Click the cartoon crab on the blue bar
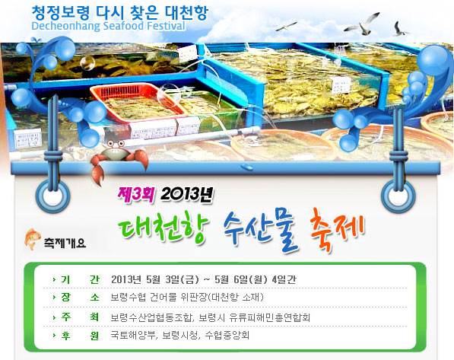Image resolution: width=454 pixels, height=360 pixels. (x=119, y=159)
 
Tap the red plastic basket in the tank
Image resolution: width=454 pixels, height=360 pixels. (x=138, y=102)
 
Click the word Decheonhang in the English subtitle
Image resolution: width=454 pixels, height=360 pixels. (x=66, y=26)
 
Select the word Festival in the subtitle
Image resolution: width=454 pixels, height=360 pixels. (x=166, y=26)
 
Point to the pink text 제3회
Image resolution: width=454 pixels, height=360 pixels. (x=135, y=194)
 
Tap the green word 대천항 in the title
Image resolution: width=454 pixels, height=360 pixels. (x=164, y=228)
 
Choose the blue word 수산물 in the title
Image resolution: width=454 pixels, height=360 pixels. (x=260, y=230)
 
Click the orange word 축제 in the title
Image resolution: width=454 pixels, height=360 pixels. (x=337, y=231)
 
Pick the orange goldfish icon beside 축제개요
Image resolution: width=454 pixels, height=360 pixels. (x=33, y=239)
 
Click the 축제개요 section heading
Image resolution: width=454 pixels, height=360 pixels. (x=65, y=243)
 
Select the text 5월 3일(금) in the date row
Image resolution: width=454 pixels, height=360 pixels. (x=173, y=279)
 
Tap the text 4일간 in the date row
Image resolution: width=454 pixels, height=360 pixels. (x=284, y=279)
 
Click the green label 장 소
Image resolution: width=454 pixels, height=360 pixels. (x=80, y=297)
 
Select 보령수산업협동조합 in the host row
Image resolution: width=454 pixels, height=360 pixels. (x=151, y=317)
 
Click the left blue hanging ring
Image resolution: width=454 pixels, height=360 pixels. (x=52, y=196)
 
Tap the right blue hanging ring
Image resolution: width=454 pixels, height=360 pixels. (x=398, y=196)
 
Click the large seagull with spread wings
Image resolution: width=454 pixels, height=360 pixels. (x=363, y=24)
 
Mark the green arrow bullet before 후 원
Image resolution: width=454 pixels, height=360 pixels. (x=54, y=336)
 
